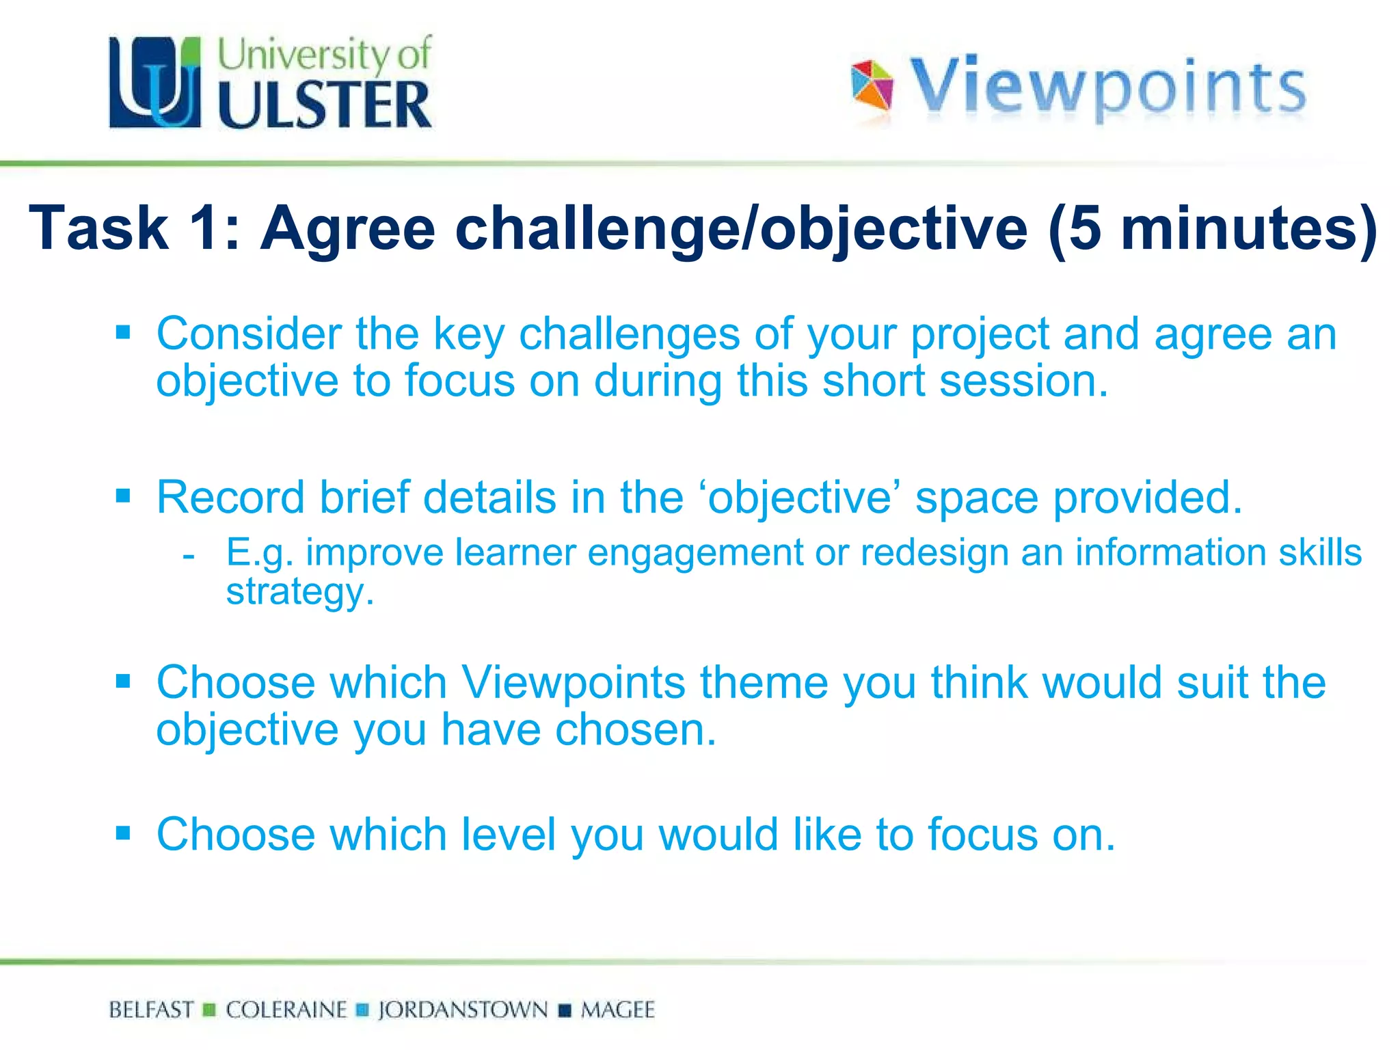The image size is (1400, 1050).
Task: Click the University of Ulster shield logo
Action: click(x=155, y=82)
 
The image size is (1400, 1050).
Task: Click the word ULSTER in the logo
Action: click(x=325, y=105)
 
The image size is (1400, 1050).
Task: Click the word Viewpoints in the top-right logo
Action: click(x=1107, y=87)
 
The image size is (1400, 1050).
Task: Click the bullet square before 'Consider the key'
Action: click(x=123, y=333)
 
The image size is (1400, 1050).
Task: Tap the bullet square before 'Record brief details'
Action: click(x=123, y=496)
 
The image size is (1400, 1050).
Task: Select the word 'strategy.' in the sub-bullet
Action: click(x=300, y=591)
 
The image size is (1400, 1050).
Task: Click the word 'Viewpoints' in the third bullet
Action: click(x=573, y=682)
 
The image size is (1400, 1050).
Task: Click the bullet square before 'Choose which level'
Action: click(x=123, y=833)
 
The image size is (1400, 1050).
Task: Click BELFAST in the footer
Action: click(x=151, y=1010)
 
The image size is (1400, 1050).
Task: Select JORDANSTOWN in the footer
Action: click(x=463, y=1010)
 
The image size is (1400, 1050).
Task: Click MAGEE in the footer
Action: click(x=617, y=1010)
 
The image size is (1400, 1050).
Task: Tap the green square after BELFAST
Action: click(x=210, y=1010)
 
